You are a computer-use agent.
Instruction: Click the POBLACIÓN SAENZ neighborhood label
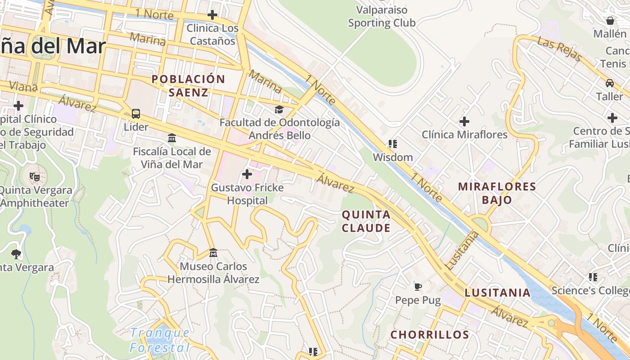tap(188, 85)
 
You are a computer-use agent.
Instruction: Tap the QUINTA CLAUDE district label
tap(366, 221)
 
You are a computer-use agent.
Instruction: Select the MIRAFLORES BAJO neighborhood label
tap(497, 193)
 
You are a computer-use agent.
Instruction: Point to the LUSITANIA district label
tap(497, 292)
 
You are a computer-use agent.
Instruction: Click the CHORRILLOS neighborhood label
tap(429, 335)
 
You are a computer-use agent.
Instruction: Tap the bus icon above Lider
tap(136, 114)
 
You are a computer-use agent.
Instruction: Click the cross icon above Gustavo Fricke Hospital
tap(247, 174)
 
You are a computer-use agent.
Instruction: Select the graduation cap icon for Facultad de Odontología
tap(279, 109)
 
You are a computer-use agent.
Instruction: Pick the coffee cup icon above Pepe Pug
tap(418, 287)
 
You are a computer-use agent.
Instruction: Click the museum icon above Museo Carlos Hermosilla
tap(213, 253)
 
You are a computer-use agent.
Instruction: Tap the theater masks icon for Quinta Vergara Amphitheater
tap(34, 176)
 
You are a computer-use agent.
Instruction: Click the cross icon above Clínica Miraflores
tap(464, 121)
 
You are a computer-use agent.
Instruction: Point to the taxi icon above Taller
tap(609, 83)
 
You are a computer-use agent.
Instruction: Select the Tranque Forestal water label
tap(160, 340)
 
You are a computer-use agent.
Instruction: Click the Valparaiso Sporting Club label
tap(382, 16)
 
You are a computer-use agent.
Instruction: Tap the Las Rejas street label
tap(559, 49)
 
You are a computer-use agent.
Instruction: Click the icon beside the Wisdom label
tap(392, 144)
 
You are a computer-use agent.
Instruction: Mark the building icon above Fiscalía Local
tap(171, 138)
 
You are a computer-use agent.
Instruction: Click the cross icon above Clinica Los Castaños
tap(212, 15)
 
